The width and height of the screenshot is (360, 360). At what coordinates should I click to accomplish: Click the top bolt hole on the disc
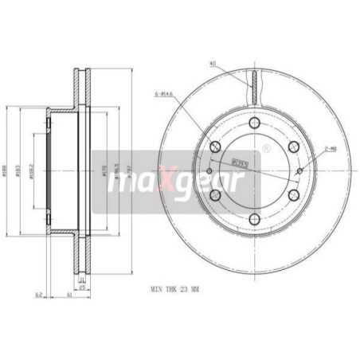[252, 123]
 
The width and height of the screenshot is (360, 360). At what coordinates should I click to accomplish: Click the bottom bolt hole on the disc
[252, 216]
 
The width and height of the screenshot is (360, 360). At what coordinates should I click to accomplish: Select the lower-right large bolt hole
[292, 194]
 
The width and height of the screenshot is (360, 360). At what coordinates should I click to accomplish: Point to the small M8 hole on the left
[208, 170]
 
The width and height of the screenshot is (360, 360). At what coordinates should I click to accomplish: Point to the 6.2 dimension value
[37, 295]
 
